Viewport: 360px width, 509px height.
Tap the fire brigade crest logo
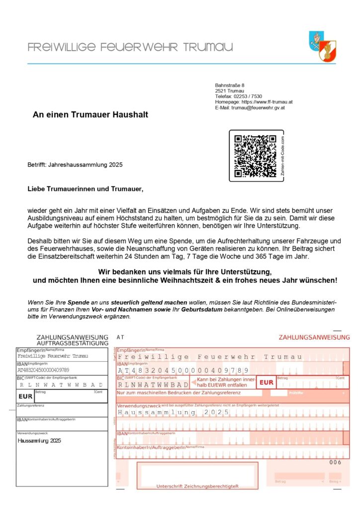pyautogui.click(x=323, y=46)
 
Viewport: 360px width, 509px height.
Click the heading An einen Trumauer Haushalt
pyautogui.click(x=90, y=115)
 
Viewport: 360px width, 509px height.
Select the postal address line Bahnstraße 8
pyautogui.click(x=230, y=85)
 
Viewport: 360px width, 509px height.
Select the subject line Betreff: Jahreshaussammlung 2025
pyautogui.click(x=75, y=165)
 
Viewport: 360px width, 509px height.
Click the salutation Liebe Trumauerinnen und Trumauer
pyautogui.click(x=86, y=189)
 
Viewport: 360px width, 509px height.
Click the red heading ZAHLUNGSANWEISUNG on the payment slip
pyautogui.click(x=314, y=338)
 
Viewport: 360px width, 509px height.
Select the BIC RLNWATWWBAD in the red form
pyautogui.click(x=153, y=384)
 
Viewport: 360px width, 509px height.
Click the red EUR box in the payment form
pyautogui.click(x=266, y=382)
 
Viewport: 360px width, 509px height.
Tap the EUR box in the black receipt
pyautogui.click(x=25, y=396)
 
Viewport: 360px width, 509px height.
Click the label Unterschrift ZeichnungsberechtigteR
pyautogui.click(x=197, y=486)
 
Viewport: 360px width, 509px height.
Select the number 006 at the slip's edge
pyautogui.click(x=336, y=462)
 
